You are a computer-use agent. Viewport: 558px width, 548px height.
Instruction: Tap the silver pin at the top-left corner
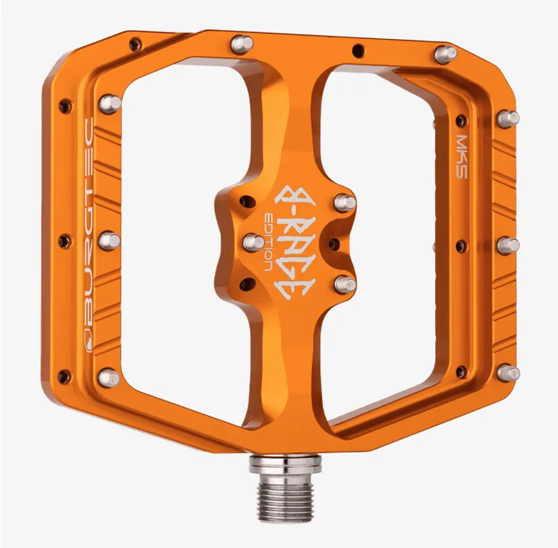[241, 43]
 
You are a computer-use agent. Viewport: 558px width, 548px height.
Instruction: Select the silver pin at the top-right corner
[444, 53]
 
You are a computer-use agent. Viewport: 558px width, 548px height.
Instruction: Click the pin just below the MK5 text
[507, 119]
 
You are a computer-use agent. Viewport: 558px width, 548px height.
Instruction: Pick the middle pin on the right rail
[507, 245]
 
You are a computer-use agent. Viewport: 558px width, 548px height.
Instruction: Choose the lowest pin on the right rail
[507, 372]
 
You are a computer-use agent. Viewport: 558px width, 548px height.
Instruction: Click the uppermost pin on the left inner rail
[110, 103]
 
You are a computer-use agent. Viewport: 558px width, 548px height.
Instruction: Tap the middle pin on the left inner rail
[110, 241]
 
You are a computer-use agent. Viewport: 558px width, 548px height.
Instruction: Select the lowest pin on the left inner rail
[109, 378]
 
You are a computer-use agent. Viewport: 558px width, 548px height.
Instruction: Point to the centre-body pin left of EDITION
[253, 242]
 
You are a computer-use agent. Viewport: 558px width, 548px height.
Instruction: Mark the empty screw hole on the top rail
[358, 50]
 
